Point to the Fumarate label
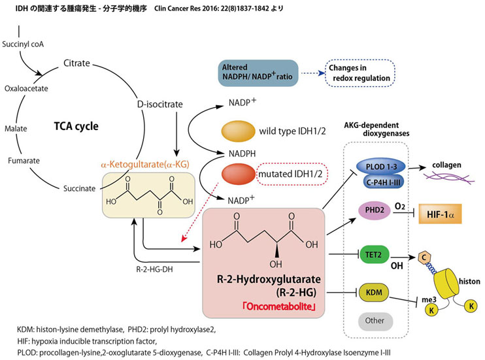coord(24,159)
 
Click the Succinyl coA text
coord(25,39)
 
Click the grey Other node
coord(375,321)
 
